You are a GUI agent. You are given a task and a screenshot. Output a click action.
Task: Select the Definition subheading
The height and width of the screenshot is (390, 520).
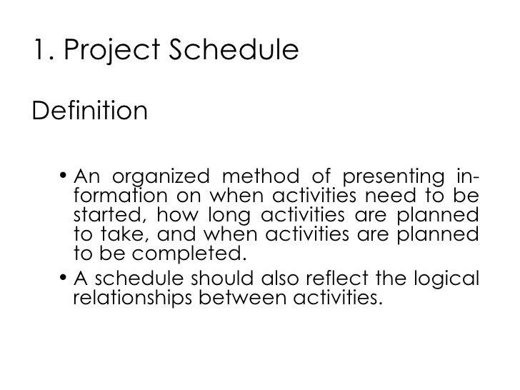(x=90, y=111)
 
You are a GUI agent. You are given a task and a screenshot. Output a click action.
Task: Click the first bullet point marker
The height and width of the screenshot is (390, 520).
(x=64, y=176)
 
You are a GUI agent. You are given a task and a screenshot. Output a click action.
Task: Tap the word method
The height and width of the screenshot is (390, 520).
(x=265, y=176)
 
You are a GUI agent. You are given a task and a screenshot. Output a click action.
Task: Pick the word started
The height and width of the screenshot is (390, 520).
(x=102, y=216)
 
